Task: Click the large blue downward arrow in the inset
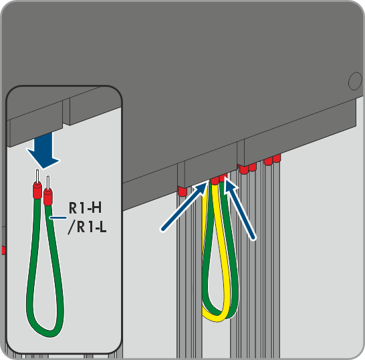(x=43, y=151)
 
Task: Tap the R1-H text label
(x=85, y=207)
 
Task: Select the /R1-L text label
(x=88, y=227)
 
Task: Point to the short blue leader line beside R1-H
(x=58, y=217)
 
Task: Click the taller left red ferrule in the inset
(x=37, y=190)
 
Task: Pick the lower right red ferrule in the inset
(x=48, y=197)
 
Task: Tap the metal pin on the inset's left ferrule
(x=37, y=176)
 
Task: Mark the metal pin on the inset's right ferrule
(x=48, y=182)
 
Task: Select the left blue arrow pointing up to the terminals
(x=185, y=207)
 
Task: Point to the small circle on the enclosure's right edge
(x=355, y=81)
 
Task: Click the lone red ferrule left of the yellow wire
(x=182, y=191)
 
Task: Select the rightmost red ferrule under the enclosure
(x=277, y=158)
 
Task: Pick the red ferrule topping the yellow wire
(x=215, y=181)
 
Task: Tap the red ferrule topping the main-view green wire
(x=223, y=178)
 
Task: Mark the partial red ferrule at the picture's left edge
(x=3, y=250)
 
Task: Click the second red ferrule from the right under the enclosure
(x=268, y=161)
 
